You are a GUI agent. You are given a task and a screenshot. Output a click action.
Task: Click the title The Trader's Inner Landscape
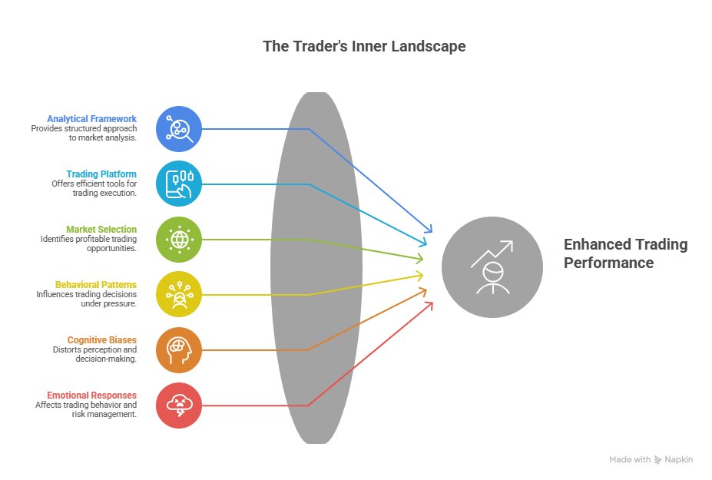364,46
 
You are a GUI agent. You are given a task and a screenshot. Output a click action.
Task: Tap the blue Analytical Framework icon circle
179,129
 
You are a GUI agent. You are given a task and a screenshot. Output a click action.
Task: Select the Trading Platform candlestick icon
179,184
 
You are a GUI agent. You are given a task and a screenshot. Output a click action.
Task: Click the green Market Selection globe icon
179,240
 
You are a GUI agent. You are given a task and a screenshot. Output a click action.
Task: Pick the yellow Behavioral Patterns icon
179,294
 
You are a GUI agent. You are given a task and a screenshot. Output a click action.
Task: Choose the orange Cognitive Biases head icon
179,350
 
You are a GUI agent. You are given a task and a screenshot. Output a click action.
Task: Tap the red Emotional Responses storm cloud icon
179,406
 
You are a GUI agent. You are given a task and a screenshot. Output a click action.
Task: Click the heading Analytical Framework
91,119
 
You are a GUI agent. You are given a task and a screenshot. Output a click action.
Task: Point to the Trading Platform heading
101,174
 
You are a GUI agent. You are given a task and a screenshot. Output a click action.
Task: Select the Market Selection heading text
101,230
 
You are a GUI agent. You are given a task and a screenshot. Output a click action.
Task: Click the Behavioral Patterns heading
96,285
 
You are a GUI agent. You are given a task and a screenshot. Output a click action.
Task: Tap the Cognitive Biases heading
101,340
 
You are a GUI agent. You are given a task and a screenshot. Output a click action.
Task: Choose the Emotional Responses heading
91,396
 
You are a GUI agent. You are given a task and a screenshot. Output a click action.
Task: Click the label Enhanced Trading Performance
626,253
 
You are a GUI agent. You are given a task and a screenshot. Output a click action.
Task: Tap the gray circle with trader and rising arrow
492,267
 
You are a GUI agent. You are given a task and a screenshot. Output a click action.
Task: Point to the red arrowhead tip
432,303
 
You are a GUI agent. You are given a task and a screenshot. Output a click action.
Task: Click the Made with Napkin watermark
651,459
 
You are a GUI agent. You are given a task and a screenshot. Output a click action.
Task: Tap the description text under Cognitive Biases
94,354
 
